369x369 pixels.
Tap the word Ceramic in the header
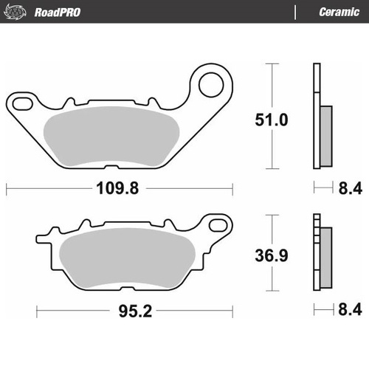point(338,11)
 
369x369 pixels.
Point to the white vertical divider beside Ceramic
point(296,11)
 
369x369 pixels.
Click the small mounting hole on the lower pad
point(218,221)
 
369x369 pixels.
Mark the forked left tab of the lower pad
point(44,238)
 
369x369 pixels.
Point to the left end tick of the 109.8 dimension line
point(7,189)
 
